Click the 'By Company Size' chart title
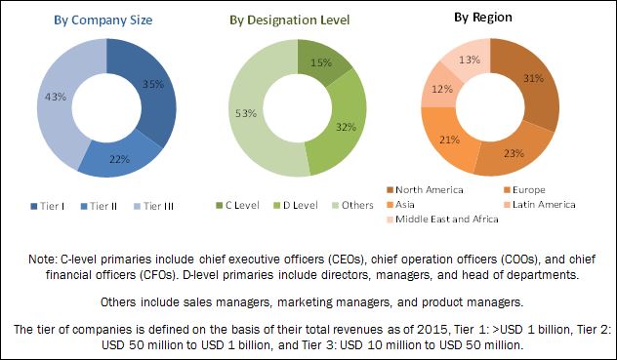(103, 20)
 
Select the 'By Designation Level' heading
(290, 20)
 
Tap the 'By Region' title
(483, 18)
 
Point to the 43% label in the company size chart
(56, 97)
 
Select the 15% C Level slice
(321, 63)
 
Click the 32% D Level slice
(346, 127)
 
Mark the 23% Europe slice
(514, 153)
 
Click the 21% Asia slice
(449, 140)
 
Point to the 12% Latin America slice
(442, 90)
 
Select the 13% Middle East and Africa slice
(470, 60)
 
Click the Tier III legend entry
(154, 206)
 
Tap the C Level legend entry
(237, 206)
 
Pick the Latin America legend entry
(540, 205)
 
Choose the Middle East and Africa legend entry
(442, 220)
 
